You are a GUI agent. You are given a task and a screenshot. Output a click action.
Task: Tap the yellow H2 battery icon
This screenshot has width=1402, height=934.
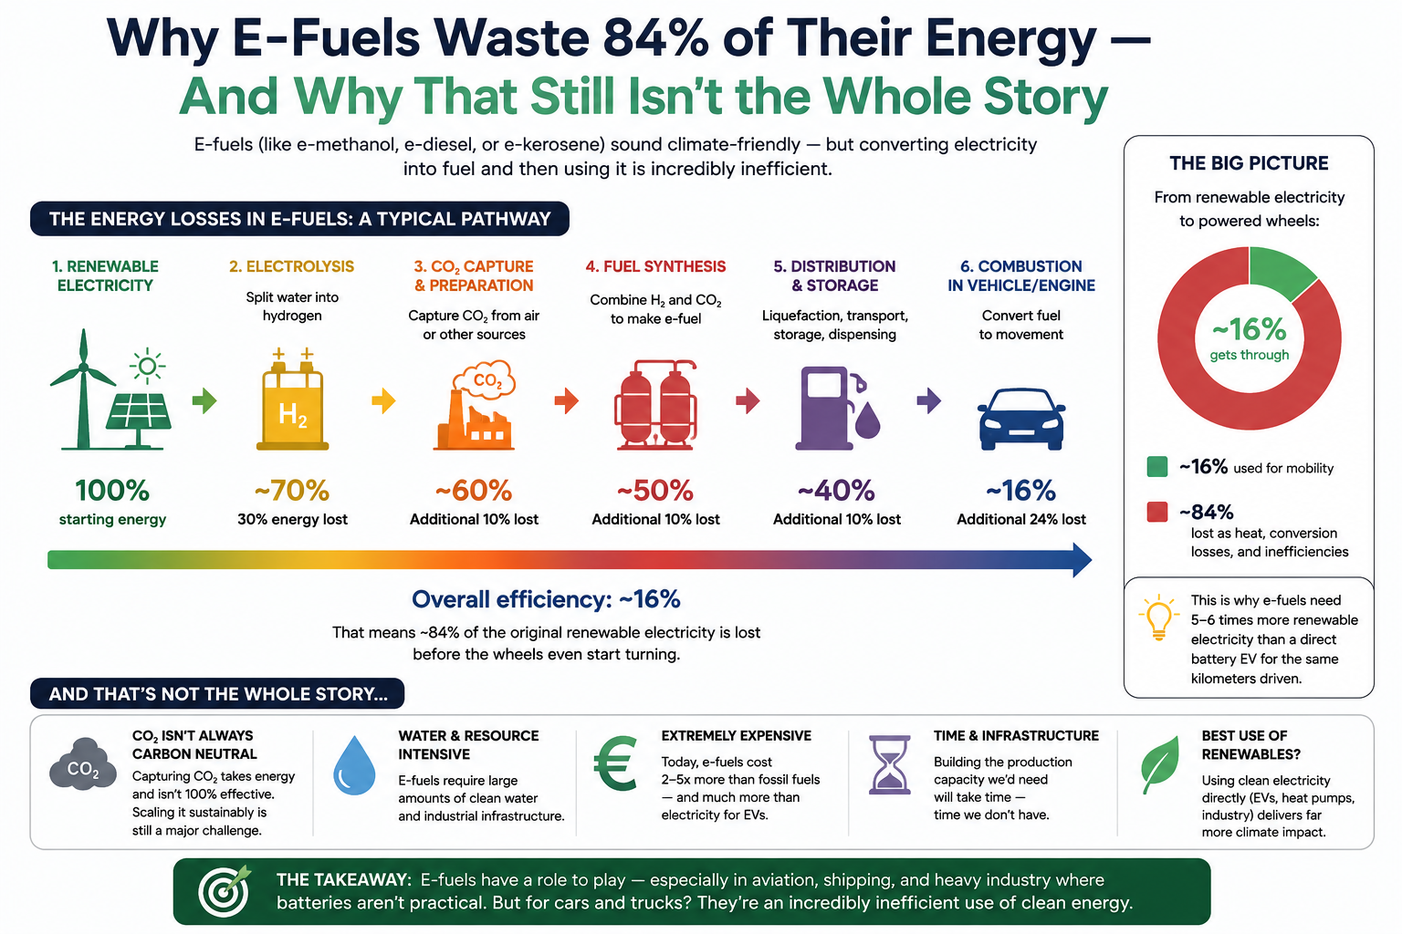292,400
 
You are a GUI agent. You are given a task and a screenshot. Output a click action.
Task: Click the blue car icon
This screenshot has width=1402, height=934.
1020,420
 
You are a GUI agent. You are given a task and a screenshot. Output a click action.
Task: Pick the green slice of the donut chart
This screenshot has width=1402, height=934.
1280,273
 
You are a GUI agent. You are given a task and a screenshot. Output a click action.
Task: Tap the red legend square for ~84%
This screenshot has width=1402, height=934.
1157,512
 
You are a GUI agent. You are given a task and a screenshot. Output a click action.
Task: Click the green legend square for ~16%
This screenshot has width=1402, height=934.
1157,467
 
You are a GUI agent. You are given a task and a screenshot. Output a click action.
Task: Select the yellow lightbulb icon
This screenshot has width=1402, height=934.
1158,617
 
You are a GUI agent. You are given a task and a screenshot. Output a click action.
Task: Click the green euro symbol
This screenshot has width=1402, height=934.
615,763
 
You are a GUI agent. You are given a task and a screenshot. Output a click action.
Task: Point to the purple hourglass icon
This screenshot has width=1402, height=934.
889,764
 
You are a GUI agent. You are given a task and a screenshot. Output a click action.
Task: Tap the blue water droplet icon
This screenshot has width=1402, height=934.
354,765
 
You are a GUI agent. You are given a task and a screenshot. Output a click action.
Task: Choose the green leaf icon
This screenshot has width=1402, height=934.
1160,764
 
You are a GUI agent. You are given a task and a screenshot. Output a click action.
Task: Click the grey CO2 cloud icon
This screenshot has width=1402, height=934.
83,765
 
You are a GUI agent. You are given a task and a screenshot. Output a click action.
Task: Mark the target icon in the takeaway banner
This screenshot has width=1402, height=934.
225,891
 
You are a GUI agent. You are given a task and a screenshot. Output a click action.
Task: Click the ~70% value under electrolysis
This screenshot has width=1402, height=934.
292,491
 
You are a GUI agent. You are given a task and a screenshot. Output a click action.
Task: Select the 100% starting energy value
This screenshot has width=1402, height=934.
112,491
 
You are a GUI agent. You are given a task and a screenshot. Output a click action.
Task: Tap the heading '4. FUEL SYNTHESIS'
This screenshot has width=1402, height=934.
655,266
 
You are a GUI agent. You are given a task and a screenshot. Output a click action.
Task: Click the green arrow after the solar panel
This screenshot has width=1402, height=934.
204,400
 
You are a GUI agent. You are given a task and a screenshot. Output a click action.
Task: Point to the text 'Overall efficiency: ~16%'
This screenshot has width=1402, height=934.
546,599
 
